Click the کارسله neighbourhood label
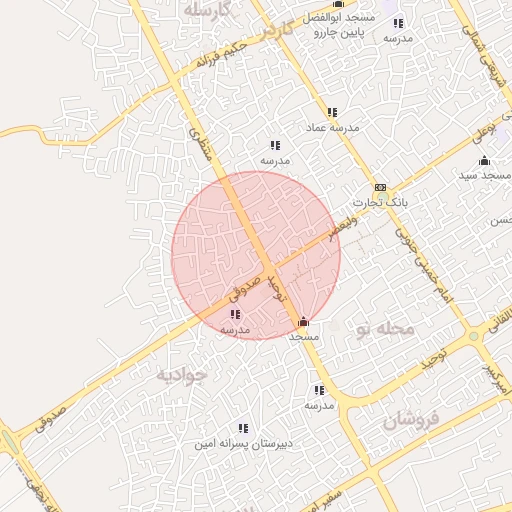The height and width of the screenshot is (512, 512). coord(208,10)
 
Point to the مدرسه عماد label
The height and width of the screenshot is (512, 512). coord(331,128)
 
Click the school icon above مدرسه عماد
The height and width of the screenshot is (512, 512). coord(331,112)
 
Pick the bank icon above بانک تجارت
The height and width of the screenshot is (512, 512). coord(380,188)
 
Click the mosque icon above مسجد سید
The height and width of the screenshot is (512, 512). coord(485,161)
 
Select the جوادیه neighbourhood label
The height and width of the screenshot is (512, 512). coord(181,375)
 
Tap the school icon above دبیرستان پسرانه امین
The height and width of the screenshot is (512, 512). coord(243,428)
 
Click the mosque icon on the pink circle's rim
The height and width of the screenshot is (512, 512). coord(304,322)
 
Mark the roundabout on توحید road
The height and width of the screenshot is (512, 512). coord(473,337)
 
